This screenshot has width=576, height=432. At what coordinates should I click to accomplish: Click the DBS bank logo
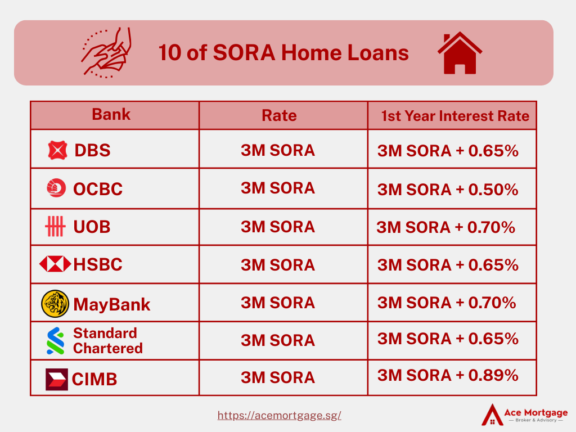(x=58, y=150)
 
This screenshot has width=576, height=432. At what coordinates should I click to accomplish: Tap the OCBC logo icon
(x=56, y=188)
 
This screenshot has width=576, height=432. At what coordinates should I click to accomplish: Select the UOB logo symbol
(x=55, y=226)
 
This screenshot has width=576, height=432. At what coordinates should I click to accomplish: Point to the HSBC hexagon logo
(x=55, y=264)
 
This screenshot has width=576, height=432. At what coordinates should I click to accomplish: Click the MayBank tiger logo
(x=55, y=304)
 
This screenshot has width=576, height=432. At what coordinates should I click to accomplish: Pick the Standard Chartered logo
(x=56, y=340)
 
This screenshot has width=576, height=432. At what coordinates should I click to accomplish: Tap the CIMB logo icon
(x=57, y=379)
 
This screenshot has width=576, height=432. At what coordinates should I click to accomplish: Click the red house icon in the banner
(x=460, y=53)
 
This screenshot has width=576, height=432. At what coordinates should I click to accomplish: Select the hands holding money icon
(x=106, y=52)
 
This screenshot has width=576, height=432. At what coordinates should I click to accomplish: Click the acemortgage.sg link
(x=279, y=416)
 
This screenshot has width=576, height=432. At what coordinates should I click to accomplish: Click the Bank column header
(x=111, y=114)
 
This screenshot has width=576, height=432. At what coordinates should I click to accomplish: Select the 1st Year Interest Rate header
(x=455, y=116)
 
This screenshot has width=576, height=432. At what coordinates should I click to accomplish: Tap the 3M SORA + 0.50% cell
(x=448, y=190)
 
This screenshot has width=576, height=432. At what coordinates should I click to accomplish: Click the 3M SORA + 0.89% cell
(x=448, y=375)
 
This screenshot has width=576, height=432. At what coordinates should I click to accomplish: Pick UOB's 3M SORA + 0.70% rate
(x=445, y=227)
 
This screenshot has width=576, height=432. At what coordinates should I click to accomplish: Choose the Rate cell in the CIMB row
(x=278, y=377)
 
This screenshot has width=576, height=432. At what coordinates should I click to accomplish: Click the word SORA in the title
(x=244, y=52)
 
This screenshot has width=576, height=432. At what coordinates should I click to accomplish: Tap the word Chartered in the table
(x=108, y=348)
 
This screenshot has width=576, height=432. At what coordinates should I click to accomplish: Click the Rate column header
(x=279, y=115)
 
